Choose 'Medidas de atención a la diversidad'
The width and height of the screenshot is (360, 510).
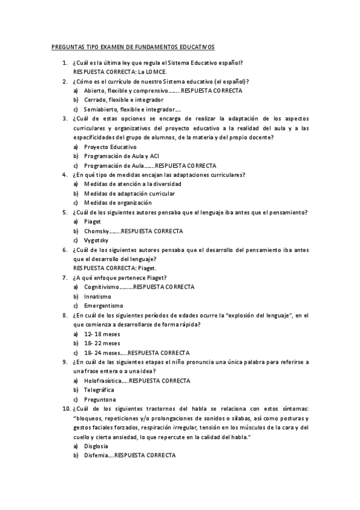pos(132,184)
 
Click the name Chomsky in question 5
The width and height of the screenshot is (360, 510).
pos(96,231)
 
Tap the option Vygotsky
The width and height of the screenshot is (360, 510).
pos(96,241)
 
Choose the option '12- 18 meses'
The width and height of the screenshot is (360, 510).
pos(102,334)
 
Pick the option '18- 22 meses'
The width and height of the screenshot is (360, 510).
pos(102,343)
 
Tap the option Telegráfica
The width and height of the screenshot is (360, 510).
pos(99,390)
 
